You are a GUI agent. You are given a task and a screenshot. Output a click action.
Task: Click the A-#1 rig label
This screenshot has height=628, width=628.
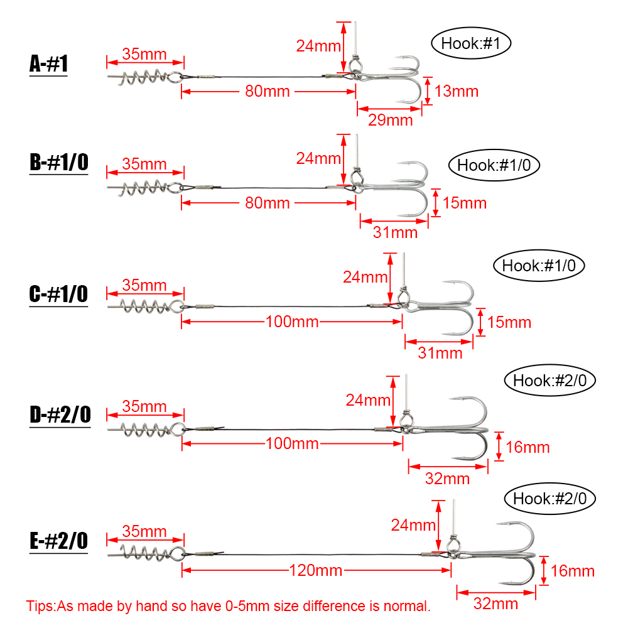48,64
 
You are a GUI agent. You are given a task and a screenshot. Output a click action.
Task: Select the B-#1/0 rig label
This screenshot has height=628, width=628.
59,162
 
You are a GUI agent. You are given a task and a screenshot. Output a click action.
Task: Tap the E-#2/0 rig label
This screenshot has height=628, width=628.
59,541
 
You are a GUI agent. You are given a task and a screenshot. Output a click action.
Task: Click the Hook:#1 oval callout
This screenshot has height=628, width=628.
471,43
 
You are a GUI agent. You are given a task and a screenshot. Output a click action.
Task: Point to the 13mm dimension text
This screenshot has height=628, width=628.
457,91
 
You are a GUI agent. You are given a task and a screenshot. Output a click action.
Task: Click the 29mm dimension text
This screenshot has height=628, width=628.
391,120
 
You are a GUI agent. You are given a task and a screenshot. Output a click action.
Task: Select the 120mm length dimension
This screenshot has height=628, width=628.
316,570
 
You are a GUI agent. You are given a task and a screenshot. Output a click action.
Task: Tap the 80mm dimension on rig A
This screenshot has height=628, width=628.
268,91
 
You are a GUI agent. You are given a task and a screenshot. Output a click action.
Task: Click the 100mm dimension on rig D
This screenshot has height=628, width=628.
293,444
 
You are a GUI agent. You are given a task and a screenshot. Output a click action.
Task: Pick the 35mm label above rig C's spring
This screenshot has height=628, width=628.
144,285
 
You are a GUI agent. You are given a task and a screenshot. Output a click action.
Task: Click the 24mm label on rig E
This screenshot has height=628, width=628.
413,525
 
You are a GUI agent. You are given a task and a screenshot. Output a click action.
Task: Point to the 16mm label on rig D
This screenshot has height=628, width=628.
528,447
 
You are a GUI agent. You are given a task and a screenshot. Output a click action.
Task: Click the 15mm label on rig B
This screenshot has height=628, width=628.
465,203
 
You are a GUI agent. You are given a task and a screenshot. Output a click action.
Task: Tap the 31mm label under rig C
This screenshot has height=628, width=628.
440,353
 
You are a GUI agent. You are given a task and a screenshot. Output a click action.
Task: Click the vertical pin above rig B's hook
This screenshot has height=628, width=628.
357,151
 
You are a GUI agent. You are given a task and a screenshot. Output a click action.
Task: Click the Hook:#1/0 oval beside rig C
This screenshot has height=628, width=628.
539,266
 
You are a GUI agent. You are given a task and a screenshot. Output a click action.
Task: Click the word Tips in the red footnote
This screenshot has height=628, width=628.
39,606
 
